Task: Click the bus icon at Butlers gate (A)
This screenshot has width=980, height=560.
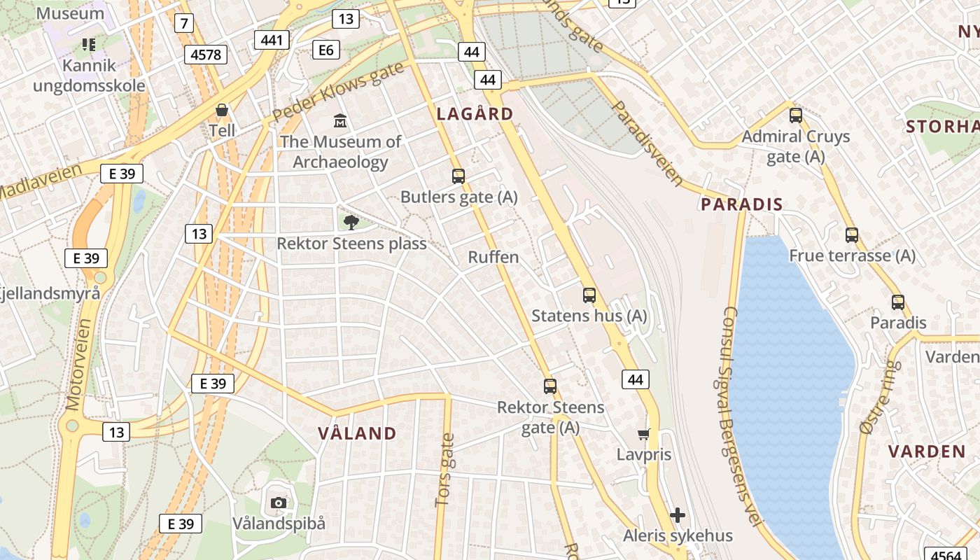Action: click(458, 176)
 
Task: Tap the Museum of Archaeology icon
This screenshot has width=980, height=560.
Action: click(341, 121)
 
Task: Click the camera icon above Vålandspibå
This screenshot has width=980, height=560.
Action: click(278, 503)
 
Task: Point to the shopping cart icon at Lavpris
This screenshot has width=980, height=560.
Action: click(644, 434)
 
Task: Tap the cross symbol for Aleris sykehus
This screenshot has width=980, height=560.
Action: click(677, 516)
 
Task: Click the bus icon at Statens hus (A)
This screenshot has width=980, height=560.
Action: click(589, 295)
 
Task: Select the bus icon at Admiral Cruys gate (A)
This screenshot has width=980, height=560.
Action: click(796, 115)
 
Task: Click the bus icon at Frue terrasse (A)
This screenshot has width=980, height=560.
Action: click(852, 235)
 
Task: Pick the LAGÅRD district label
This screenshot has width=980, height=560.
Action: click(475, 114)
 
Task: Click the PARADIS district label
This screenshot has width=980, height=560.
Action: click(742, 204)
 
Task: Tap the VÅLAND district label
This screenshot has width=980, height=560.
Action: click(358, 433)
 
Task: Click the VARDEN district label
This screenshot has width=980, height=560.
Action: click(927, 451)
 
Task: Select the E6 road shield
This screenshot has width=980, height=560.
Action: click(325, 50)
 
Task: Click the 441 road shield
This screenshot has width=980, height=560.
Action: click(272, 40)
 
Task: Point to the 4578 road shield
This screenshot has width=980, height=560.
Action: click(206, 55)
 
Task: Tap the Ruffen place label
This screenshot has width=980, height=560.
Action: click(493, 257)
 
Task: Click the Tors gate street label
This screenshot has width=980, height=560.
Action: click(445, 470)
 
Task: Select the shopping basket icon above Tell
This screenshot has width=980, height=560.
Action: click(222, 110)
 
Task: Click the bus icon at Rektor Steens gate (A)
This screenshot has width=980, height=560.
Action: click(550, 386)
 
